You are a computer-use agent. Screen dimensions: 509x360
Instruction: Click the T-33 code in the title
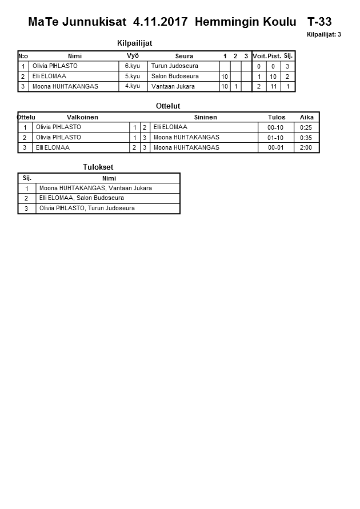319,22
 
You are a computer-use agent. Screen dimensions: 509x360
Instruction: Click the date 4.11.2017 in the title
160,22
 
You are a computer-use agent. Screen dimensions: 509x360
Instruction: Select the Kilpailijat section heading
134,43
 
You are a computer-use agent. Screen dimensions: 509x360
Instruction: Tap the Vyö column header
133,56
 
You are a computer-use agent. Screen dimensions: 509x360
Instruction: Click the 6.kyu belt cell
133,66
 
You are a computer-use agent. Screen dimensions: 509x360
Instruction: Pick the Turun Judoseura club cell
175,66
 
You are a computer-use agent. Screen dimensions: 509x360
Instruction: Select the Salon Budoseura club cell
175,77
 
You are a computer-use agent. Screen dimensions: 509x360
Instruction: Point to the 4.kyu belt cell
133,87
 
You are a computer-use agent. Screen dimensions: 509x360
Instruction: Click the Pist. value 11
273,87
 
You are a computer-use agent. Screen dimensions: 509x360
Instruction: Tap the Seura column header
184,56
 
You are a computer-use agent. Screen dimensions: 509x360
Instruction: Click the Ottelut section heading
168,106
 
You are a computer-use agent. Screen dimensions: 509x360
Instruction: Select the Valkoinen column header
82,117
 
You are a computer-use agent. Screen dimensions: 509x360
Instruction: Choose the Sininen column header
205,117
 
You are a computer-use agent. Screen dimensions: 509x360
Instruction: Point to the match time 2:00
306,148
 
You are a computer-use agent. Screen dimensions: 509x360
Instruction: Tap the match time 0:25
306,127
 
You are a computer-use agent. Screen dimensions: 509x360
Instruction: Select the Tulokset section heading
98,167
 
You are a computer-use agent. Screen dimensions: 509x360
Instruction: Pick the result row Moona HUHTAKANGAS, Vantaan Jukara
95,188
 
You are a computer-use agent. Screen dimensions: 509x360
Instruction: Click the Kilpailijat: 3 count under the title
324,35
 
